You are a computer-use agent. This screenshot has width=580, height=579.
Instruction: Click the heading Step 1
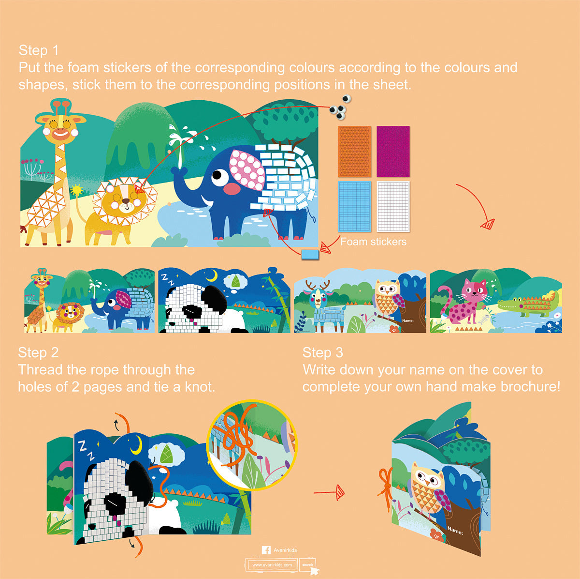39,50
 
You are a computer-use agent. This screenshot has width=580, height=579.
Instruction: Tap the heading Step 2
38,352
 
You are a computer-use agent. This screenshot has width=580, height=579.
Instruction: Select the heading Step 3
323,352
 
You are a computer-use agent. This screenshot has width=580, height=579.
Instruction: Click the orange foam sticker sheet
354,152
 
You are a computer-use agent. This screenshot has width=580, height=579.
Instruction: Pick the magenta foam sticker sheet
393,152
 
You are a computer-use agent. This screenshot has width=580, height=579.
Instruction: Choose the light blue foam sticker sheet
354,206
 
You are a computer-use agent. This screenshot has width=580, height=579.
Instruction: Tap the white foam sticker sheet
393,206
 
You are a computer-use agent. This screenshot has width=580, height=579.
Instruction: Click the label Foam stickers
373,242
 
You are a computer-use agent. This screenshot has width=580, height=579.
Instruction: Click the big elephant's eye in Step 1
220,177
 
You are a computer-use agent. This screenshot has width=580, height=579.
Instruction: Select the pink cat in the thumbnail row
464,302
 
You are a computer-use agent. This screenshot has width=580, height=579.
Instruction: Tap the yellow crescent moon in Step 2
136,444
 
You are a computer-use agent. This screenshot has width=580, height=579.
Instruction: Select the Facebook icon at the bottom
266,550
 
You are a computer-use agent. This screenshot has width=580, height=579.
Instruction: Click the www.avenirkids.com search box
272,564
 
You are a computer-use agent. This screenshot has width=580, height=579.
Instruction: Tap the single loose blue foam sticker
310,254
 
